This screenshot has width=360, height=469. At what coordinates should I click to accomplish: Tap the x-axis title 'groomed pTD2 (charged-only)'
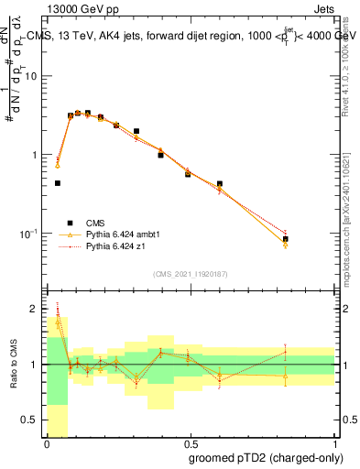point(267,458)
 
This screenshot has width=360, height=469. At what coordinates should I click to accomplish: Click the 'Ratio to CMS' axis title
point(12,365)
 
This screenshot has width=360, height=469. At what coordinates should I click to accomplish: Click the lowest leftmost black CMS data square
point(57,183)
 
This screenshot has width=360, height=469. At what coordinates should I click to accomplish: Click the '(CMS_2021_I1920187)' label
point(191,273)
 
